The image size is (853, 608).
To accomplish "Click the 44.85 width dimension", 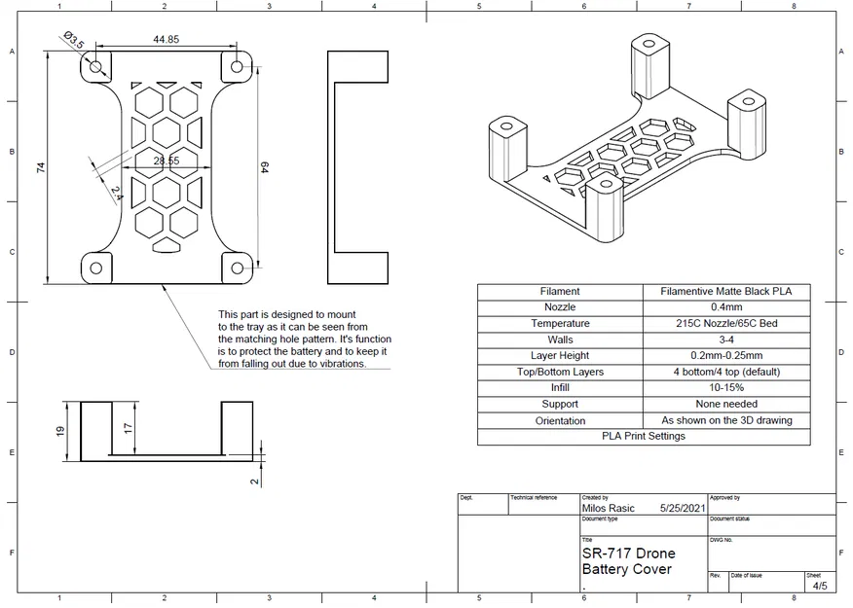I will tap(166, 40).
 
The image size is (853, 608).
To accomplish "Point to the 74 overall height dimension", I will tap(41, 167).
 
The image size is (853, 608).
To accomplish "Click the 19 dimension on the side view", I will tap(60, 430).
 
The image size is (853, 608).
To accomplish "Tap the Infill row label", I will tap(560, 387).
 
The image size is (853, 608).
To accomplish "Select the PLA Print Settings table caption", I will tap(643, 436).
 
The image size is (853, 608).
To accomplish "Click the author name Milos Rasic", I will tap(610, 508).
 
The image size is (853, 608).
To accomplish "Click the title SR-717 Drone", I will tap(628, 554).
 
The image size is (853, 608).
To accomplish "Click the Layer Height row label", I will tap(560, 355).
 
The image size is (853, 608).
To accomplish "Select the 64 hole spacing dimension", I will tap(264, 167).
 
